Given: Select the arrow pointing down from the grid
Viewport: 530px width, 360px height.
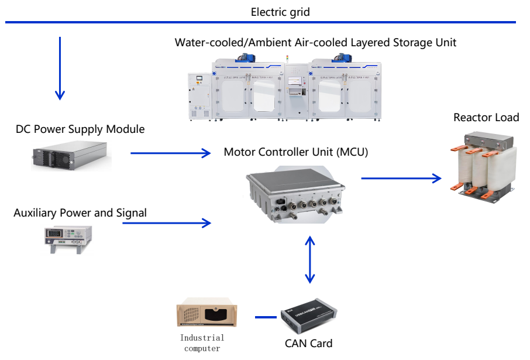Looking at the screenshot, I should (x=60, y=67).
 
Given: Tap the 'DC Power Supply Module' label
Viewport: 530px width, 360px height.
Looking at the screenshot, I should (x=80, y=129).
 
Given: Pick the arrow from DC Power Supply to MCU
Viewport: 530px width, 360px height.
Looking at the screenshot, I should (x=170, y=153).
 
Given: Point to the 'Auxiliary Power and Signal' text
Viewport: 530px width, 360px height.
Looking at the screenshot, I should (x=80, y=212).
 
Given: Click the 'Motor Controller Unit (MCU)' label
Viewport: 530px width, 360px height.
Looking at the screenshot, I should (x=296, y=152).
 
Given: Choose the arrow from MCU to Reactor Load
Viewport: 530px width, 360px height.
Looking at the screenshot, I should (x=401, y=177).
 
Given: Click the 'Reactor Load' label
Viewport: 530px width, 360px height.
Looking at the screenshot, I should (x=486, y=118).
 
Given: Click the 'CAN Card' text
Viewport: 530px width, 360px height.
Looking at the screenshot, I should (x=308, y=344).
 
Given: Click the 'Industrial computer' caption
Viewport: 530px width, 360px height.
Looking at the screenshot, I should (x=202, y=343).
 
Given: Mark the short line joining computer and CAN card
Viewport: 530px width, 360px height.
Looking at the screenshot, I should (x=266, y=318).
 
